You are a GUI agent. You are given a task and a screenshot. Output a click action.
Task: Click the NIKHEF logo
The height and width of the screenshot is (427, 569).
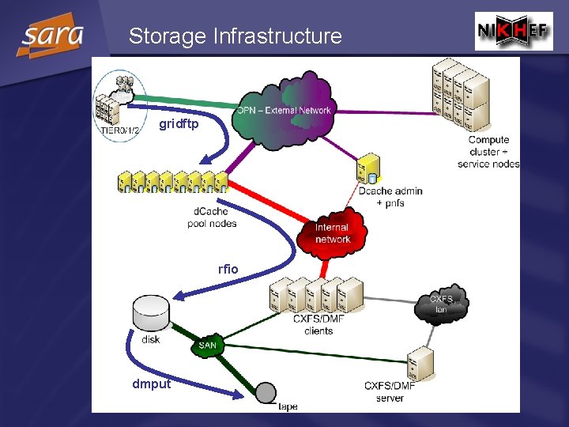[514, 32]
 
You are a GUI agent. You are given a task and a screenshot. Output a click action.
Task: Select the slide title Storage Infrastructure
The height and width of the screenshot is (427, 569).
[236, 36]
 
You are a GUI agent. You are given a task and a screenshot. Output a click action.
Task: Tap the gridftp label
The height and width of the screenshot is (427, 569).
[179, 124]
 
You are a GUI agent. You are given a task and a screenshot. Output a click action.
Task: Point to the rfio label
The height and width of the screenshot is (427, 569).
[228, 269]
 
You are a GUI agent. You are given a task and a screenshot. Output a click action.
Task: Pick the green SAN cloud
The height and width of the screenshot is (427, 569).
[207, 345]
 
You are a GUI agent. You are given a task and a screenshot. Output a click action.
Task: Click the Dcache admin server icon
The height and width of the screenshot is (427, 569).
[366, 170]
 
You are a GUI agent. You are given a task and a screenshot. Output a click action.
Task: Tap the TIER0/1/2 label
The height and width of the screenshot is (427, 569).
[117, 130]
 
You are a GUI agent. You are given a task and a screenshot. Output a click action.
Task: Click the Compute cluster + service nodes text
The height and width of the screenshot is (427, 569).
[488, 152]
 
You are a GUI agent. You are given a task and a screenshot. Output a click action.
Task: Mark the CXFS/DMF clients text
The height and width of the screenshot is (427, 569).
[318, 324]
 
